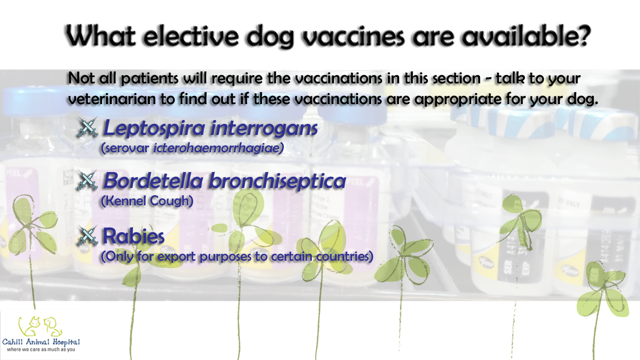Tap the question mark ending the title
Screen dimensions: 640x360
(582, 35)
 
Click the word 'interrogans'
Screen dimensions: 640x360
(264, 129)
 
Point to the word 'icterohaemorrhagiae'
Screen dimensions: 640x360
(218, 148)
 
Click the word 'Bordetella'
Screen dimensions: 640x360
(153, 181)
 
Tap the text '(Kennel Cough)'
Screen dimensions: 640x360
(147, 201)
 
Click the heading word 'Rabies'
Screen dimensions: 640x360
(133, 236)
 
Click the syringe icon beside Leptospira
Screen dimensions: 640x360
(87, 127)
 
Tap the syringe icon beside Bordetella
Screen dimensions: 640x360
(87, 180)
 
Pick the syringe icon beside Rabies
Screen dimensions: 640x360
(87, 236)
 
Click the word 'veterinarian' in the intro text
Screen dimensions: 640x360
(111, 99)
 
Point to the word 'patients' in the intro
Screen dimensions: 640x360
(149, 79)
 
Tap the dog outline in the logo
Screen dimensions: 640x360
(53, 327)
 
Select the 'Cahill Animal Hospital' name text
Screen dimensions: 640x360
(41, 342)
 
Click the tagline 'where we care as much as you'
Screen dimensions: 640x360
(41, 350)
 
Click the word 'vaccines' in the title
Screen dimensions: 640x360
(353, 36)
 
